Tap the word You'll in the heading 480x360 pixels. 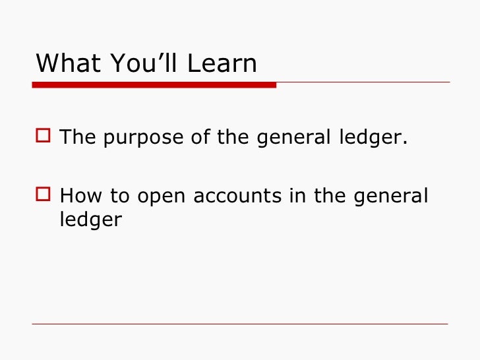pos(139,63)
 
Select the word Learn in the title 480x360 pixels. pos(222,63)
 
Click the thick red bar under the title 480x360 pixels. pos(154,84)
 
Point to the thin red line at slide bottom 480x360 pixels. pos(240,324)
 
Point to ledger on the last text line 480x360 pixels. pos(90,220)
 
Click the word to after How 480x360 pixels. pos(112,196)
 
